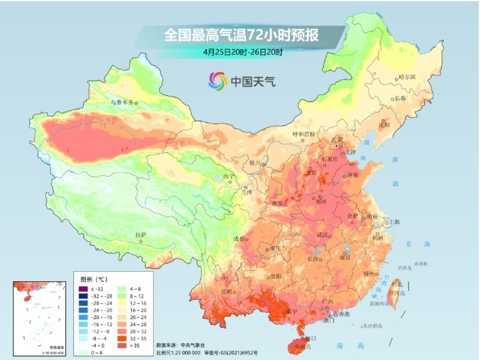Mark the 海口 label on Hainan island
pos(310,338)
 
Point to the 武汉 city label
pos(323,235)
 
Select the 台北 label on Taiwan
pos(396,284)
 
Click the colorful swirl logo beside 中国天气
pos(218,81)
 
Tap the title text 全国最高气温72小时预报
pos(241,35)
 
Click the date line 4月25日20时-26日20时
pos(243,52)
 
